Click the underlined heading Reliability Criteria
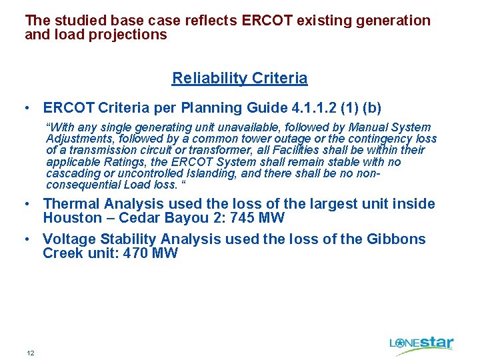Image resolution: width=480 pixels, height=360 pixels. [x=239, y=78]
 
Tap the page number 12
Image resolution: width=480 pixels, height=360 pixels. [x=31, y=353]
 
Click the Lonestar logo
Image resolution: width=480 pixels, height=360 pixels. [x=421, y=344]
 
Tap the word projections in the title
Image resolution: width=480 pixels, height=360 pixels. [x=131, y=35]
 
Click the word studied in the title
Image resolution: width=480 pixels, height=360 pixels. [x=79, y=21]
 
